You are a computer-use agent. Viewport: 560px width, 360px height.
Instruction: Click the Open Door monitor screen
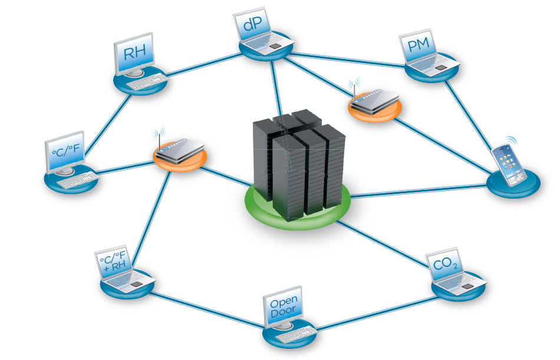pyautogui.click(x=284, y=308)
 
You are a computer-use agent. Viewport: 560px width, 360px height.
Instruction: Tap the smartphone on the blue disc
pyautogui.click(x=509, y=163)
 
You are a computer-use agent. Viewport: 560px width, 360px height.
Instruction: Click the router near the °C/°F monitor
pyautogui.click(x=180, y=150)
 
